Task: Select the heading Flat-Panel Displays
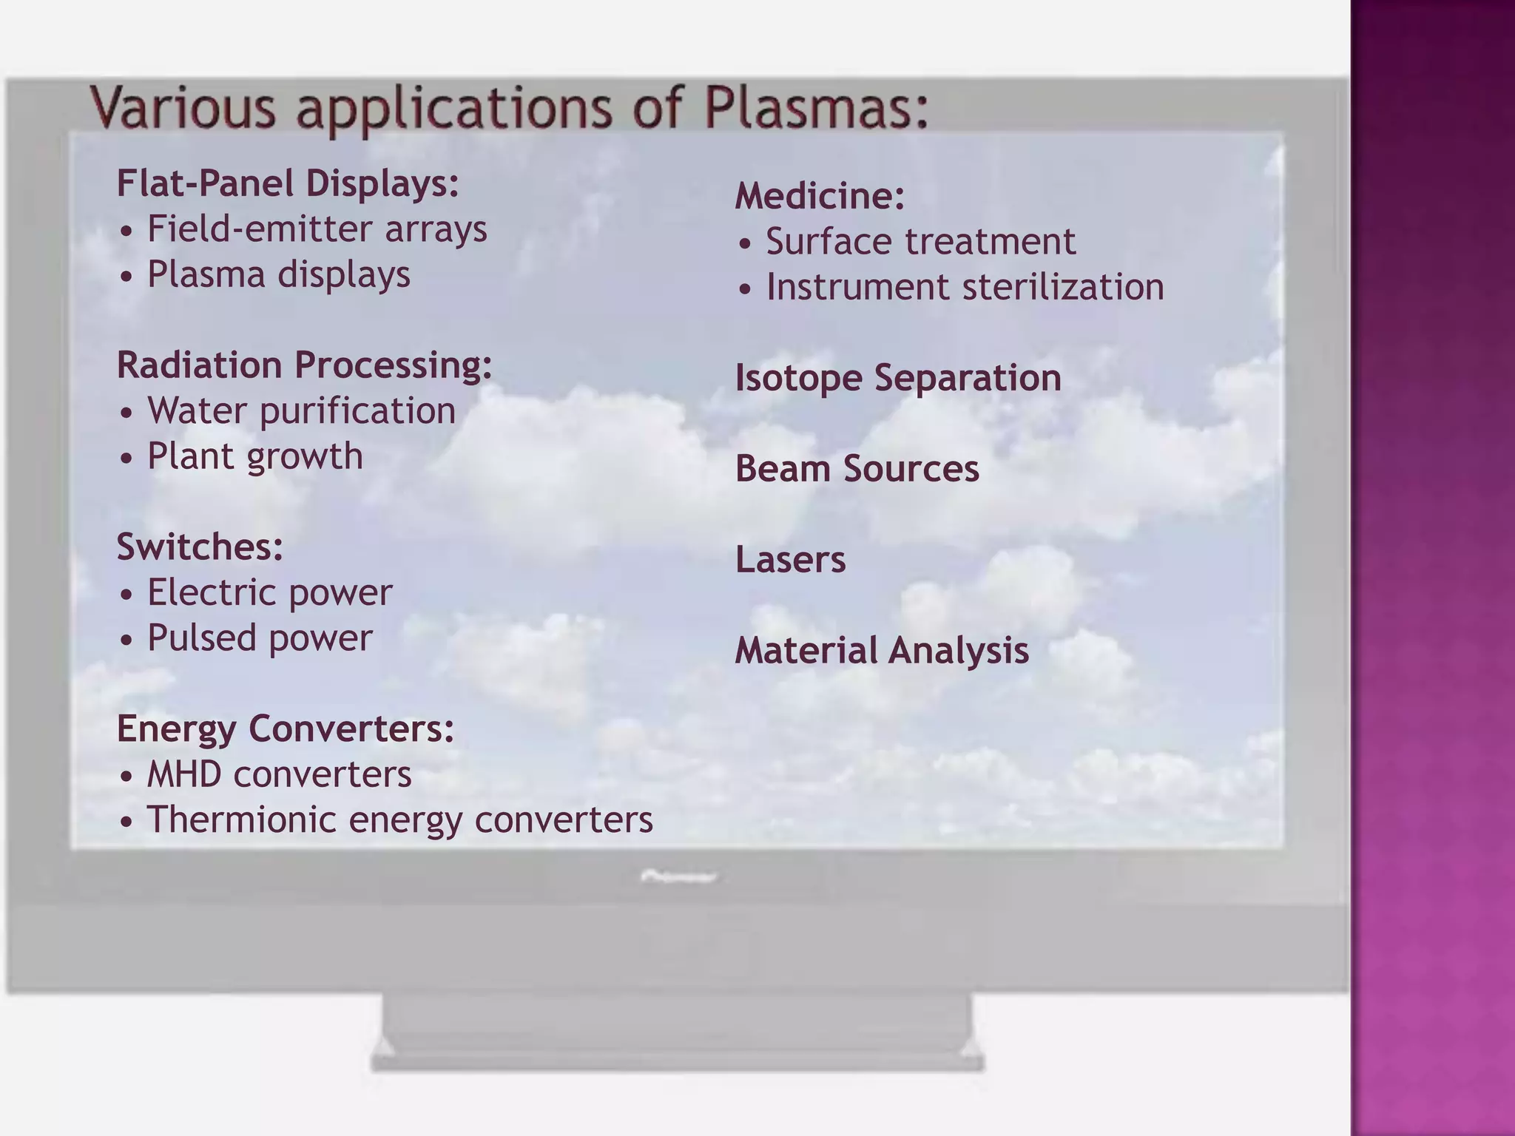pos(288,183)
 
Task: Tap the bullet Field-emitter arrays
pos(317,229)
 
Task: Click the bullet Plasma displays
pos(278,274)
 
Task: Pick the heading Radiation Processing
pos(304,365)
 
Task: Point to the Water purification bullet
pos(301,410)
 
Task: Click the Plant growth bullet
pos(254,456)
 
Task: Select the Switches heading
pos(200,547)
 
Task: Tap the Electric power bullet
pos(269,592)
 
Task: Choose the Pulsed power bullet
pos(260,638)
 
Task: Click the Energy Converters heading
pos(285,728)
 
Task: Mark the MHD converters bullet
pos(279,774)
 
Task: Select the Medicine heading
pos(820,196)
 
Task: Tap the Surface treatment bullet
pos(920,242)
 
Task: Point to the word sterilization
pos(1059,287)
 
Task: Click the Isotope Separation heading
pos(897,378)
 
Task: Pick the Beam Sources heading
pos(857,469)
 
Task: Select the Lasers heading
pos(790,560)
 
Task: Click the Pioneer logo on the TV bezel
pos(678,877)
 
